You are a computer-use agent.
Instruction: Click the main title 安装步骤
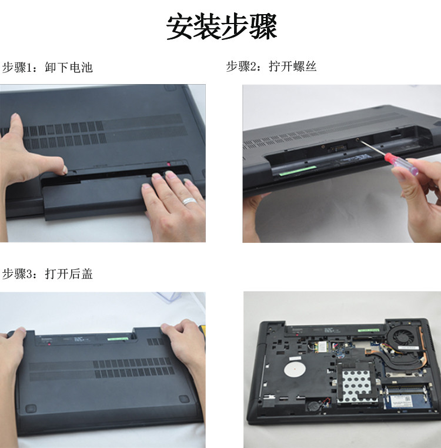tap(222, 27)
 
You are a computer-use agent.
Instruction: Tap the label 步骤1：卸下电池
tap(47, 68)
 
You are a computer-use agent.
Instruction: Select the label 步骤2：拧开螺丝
tap(271, 66)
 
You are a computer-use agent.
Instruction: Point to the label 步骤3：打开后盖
tap(47, 274)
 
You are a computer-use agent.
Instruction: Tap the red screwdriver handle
tap(401, 163)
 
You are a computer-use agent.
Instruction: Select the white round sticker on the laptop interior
tap(295, 369)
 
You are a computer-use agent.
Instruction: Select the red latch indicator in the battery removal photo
tap(169, 164)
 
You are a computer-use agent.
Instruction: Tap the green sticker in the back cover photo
tap(118, 339)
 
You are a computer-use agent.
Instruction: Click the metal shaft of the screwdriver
tap(372, 148)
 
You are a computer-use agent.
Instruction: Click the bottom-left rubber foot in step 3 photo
tap(31, 409)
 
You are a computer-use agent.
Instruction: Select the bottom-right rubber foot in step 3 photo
tap(185, 399)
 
